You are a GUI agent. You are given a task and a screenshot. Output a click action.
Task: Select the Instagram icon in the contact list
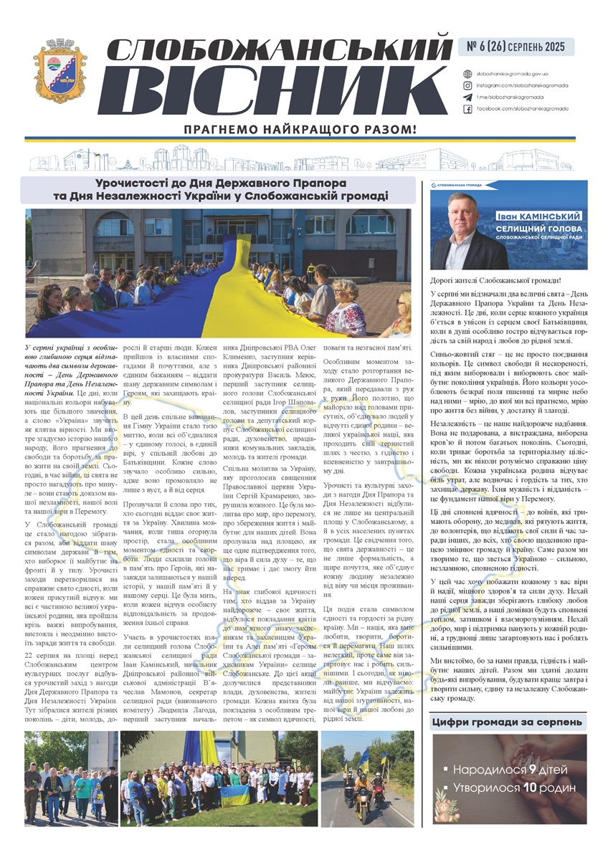click(x=467, y=85)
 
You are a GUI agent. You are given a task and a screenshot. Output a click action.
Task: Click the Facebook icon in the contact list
click(x=467, y=108)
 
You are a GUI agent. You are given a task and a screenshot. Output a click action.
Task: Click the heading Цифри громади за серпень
click(x=509, y=724)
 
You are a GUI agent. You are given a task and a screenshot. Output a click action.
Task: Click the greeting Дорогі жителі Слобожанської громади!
click(x=496, y=279)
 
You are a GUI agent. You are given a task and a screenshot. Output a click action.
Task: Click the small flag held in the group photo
click(x=235, y=793)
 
